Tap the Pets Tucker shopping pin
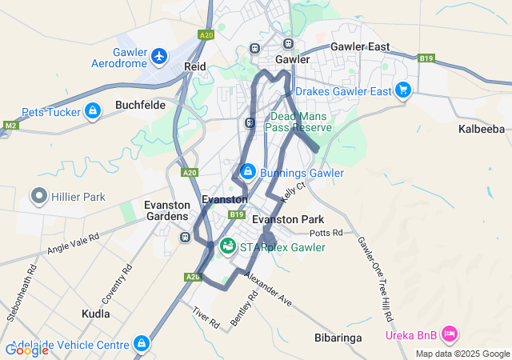point(93,110)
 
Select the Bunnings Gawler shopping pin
point(248,172)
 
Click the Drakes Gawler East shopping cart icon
point(402,90)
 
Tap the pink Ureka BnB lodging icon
point(450,332)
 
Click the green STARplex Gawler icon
point(228,246)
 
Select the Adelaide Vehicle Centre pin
point(142,344)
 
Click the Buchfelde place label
point(140,104)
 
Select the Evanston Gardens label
point(166,210)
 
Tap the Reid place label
point(195,66)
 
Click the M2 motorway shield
point(10,126)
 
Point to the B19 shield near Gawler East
point(426,58)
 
